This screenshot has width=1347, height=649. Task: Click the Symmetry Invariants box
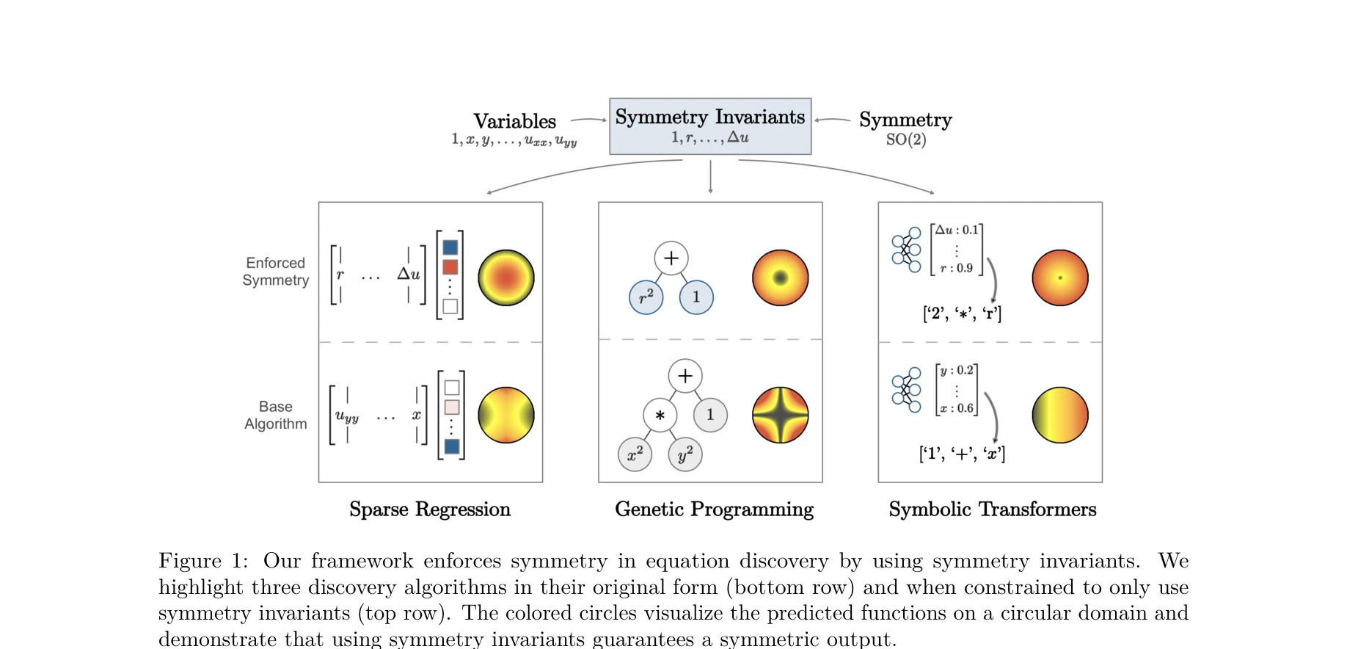[709, 126]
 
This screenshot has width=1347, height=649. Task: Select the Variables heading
[514, 121]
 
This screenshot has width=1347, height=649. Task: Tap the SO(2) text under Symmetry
[905, 139]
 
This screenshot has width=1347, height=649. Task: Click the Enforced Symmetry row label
[276, 272]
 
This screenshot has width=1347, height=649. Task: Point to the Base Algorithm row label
[276, 415]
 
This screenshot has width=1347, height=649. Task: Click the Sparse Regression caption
[430, 510]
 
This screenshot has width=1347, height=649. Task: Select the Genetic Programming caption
[714, 510]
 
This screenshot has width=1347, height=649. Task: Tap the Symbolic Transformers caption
[992, 510]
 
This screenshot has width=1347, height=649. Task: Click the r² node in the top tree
[646, 297]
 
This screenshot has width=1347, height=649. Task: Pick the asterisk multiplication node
[660, 416]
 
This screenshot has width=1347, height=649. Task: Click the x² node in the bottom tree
[635, 454]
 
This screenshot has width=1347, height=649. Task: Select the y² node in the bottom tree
[685, 454]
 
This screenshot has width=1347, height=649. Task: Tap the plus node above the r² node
[671, 258]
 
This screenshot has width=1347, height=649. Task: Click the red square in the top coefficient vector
[450, 267]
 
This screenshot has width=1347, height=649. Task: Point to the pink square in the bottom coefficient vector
[452, 407]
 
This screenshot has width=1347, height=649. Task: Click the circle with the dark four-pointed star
[780, 415]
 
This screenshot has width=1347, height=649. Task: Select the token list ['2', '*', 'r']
[962, 313]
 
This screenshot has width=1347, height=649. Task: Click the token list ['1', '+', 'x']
[962, 454]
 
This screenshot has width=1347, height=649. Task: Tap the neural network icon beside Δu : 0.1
[906, 250]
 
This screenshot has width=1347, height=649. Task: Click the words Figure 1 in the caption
[203, 561]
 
